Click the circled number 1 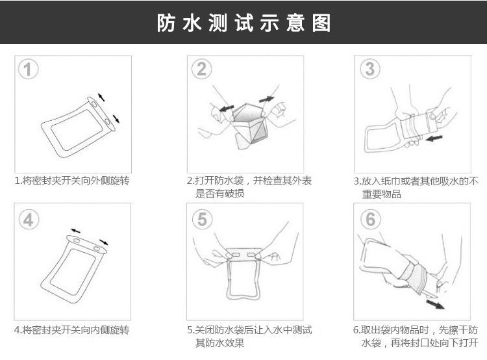[29, 69]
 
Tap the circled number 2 [201, 69]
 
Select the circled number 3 [370, 69]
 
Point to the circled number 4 [29, 220]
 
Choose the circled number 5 [202, 219]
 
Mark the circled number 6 [371, 219]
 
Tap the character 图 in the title [321, 23]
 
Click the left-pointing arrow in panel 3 [434, 138]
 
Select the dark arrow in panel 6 [435, 304]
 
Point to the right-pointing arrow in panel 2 [266, 99]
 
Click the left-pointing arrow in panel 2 [227, 108]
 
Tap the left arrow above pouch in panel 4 [75, 231]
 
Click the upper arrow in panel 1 [101, 97]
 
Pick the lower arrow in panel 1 [116, 118]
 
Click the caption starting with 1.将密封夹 [72, 180]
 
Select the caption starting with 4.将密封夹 [71, 330]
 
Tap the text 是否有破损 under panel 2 [220, 194]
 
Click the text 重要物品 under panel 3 [382, 194]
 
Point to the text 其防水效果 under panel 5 [220, 343]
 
